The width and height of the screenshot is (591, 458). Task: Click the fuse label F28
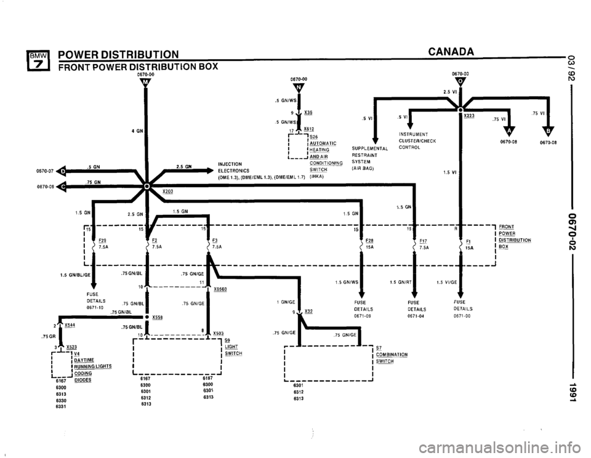369,241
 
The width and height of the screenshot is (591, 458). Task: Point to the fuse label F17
423,241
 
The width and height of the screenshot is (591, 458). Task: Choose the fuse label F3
215,241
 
